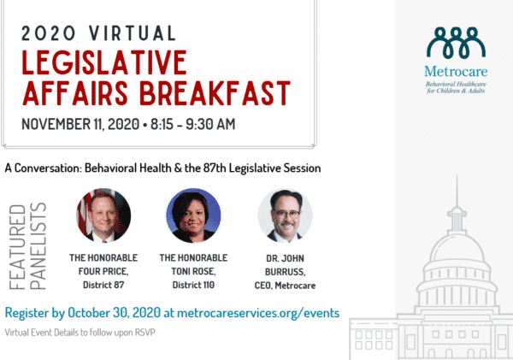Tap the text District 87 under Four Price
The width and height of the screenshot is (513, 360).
point(101,283)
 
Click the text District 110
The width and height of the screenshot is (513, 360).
point(193,283)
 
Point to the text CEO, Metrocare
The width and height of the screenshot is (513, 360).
point(285,283)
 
